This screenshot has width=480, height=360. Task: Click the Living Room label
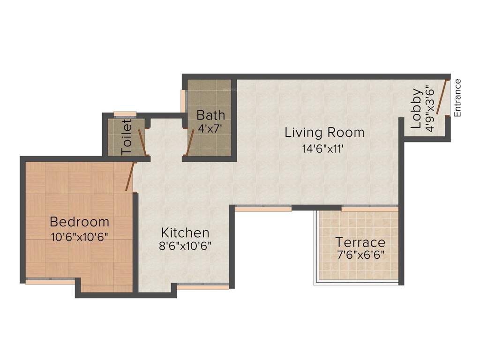pos(324,133)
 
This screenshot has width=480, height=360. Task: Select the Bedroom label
pos(79,221)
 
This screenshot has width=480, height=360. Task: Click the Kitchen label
pos(185,232)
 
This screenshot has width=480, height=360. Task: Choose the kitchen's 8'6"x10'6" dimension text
pos(185,247)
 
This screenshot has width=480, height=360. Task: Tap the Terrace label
pos(360,243)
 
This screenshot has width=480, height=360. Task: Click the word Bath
pos(210,115)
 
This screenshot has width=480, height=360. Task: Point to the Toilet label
pos(127,137)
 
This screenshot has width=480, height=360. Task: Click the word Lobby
pos(416,109)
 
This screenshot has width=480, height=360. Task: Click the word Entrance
pos(457,98)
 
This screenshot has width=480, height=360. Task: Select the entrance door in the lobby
pos(442,97)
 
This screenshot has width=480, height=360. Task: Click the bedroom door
pos(131,176)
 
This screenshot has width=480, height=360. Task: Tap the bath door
pos(190,143)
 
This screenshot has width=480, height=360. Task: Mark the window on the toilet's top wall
pos(125,113)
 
